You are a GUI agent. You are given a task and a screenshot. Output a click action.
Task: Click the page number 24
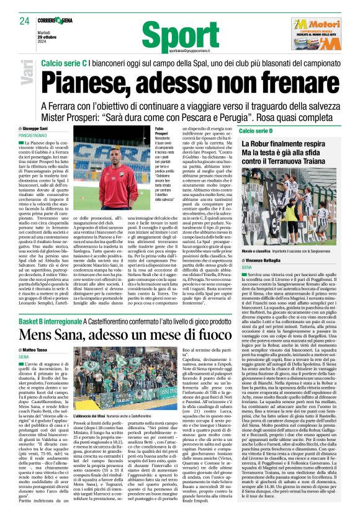[x=25, y=21]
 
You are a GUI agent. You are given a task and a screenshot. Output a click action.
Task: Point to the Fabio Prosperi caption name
[x=164, y=131]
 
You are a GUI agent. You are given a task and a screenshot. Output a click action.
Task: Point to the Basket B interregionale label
[x=50, y=323]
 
